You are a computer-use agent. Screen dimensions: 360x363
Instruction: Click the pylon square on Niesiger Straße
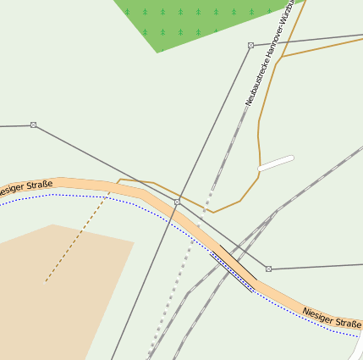[177, 202]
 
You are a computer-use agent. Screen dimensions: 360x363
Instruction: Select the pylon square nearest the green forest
[250, 45]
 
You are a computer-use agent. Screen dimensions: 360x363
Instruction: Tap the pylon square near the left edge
[33, 125]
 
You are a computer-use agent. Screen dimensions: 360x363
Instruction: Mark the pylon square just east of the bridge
[268, 269]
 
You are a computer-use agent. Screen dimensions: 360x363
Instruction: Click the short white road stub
[276, 163]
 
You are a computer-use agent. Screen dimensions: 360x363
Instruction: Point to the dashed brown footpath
[76, 237]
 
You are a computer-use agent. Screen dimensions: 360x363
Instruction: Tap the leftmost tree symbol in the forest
[127, 12]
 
